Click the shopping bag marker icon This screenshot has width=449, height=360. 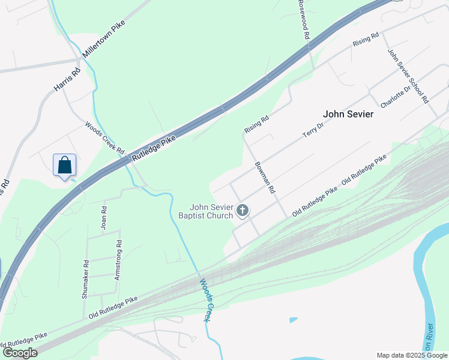click(64, 165)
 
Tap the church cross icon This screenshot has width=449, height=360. click(243, 210)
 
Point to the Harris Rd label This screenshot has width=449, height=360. click(67, 79)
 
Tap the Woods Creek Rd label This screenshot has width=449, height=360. click(104, 138)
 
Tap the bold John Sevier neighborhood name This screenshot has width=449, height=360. click(348, 114)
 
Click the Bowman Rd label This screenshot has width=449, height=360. click(264, 178)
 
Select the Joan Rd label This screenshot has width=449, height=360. click(104, 218)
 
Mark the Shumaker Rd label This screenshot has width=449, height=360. click(86, 279)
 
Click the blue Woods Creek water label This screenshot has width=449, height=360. click(206, 300)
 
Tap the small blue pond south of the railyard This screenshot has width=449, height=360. click(293, 320)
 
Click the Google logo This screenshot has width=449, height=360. click(20, 353)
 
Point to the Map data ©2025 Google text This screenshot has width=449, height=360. click(412, 355)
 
